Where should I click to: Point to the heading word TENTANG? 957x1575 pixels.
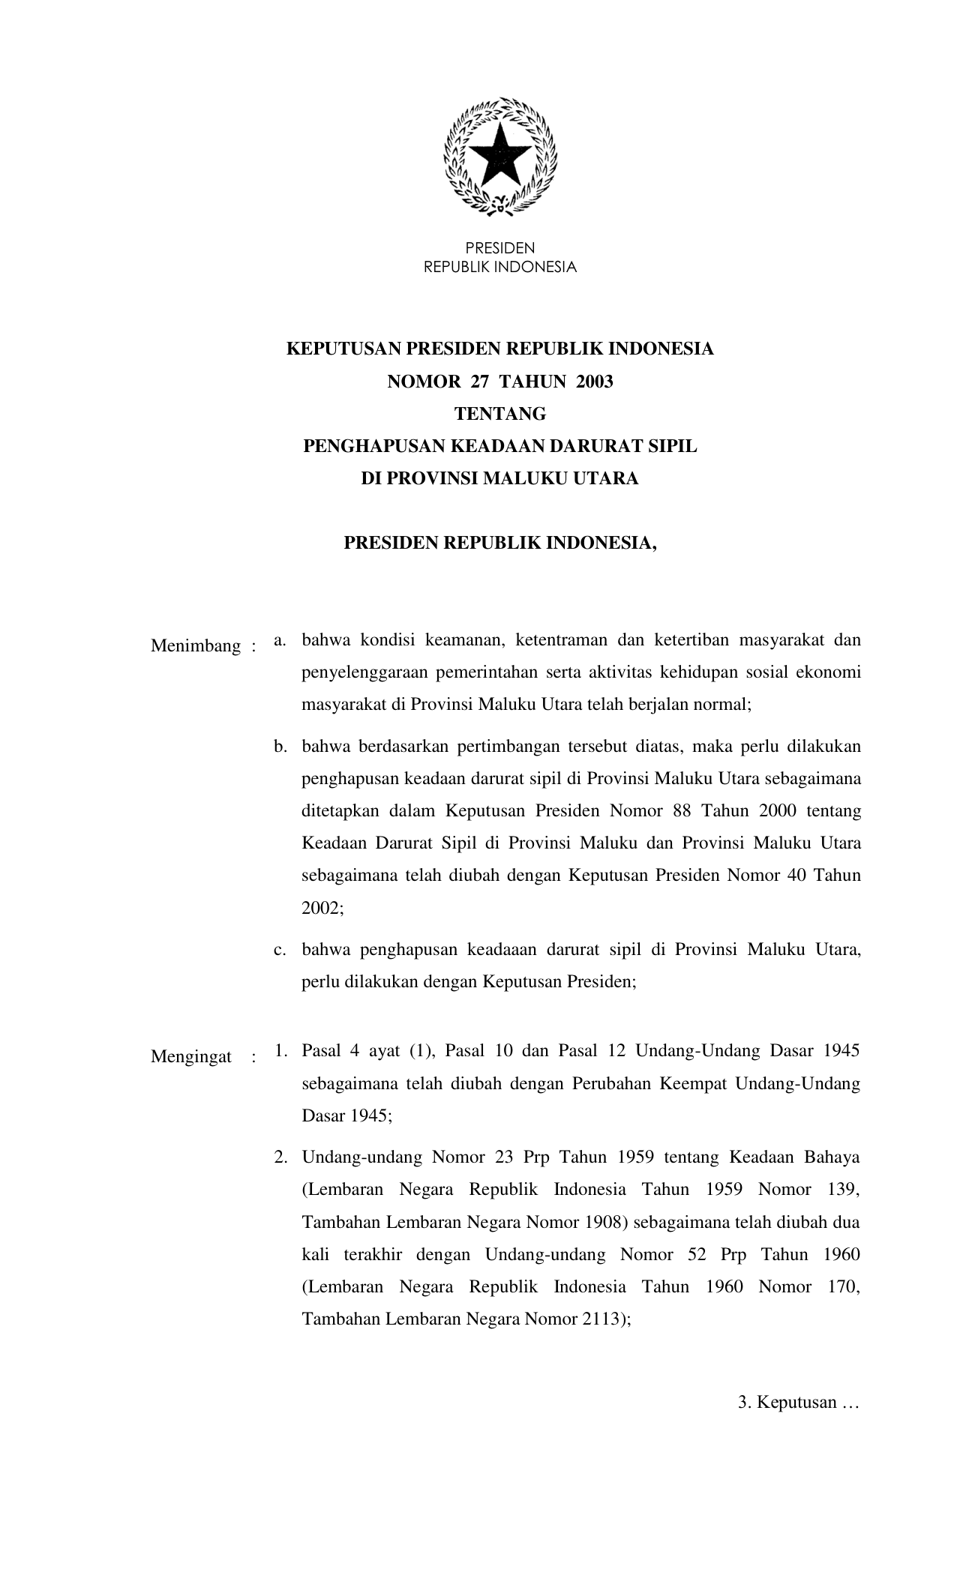click(x=500, y=414)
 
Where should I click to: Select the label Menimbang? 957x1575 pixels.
click(x=196, y=645)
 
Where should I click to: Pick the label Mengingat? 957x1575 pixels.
click(x=191, y=1057)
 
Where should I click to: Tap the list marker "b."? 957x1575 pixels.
click(x=280, y=747)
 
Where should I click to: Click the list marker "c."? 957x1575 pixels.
click(x=280, y=950)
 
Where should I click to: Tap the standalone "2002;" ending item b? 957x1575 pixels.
click(x=322, y=907)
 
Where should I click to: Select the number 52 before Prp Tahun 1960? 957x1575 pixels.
click(x=697, y=1254)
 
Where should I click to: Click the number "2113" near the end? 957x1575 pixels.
click(x=601, y=1319)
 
